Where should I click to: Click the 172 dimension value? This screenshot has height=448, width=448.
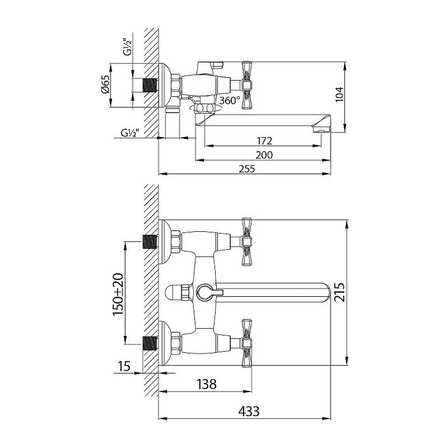(x=264, y=141)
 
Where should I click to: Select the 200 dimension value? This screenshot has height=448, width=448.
(x=264, y=155)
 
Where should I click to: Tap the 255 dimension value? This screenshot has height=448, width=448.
(x=247, y=169)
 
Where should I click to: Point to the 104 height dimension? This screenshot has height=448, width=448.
(x=339, y=94)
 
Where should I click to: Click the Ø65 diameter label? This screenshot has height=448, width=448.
(x=105, y=84)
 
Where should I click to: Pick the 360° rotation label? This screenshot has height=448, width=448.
(x=230, y=101)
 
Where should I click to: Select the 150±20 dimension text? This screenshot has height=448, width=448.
(x=118, y=295)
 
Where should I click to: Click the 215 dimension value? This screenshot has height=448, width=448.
(x=339, y=292)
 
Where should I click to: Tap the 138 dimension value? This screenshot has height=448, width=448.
(x=207, y=384)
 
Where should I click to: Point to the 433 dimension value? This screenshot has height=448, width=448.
(x=249, y=412)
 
